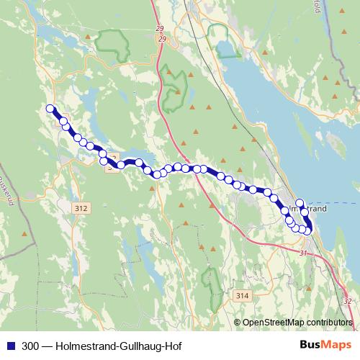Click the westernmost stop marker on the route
[50, 109]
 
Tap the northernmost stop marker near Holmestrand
[300, 203]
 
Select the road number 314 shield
[242, 295]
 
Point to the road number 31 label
[303, 253]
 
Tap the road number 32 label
[348, 300]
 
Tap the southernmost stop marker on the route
[308, 230]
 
